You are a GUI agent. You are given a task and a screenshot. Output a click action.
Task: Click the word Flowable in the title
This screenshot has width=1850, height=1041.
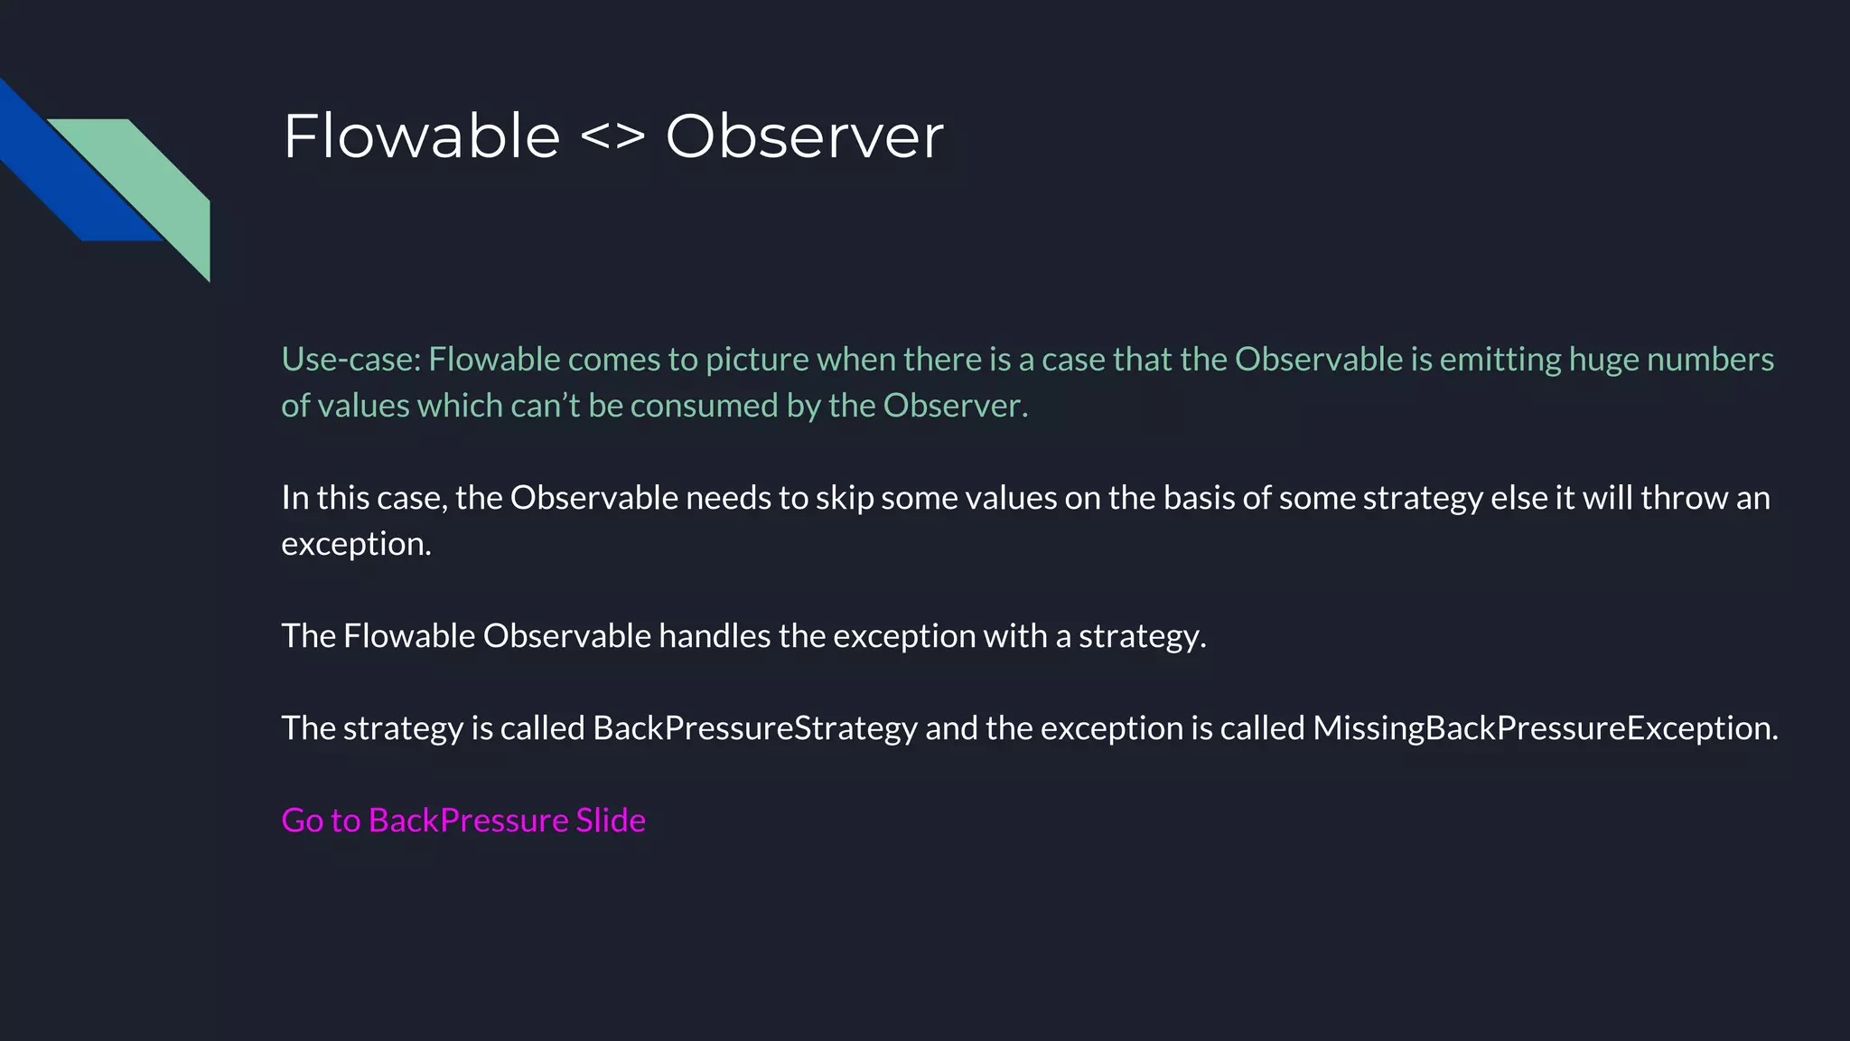point(421,136)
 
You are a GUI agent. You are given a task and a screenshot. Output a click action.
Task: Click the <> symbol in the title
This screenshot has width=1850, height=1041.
point(612,136)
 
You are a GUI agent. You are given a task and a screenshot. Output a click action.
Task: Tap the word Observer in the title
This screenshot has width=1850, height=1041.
point(804,136)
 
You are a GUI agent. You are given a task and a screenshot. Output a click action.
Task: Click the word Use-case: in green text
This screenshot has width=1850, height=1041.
point(350,360)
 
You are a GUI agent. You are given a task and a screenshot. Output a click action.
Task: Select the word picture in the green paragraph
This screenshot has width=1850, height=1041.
point(757,360)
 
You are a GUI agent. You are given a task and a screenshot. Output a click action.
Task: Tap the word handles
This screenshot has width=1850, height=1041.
point(715,636)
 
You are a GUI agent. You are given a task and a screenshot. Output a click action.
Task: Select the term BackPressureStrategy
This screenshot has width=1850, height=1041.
point(755,728)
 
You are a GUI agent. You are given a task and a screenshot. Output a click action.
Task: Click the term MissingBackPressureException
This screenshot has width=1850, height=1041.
point(1545,728)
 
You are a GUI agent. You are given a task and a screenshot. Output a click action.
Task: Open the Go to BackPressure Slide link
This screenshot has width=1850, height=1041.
point(463,821)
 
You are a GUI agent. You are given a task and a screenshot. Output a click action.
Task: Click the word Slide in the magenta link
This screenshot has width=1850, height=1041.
point(611,821)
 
